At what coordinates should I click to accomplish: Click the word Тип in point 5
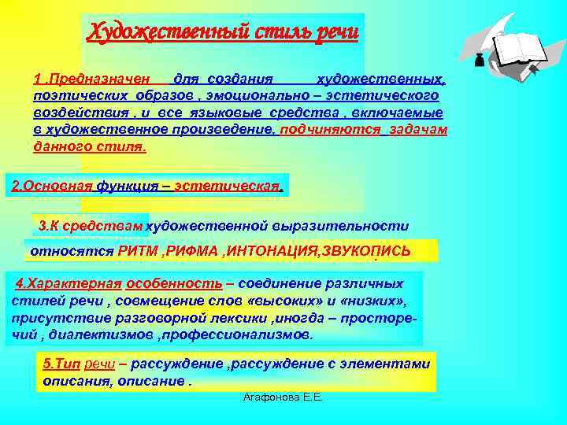68,364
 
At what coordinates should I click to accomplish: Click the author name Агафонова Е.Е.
283,399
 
